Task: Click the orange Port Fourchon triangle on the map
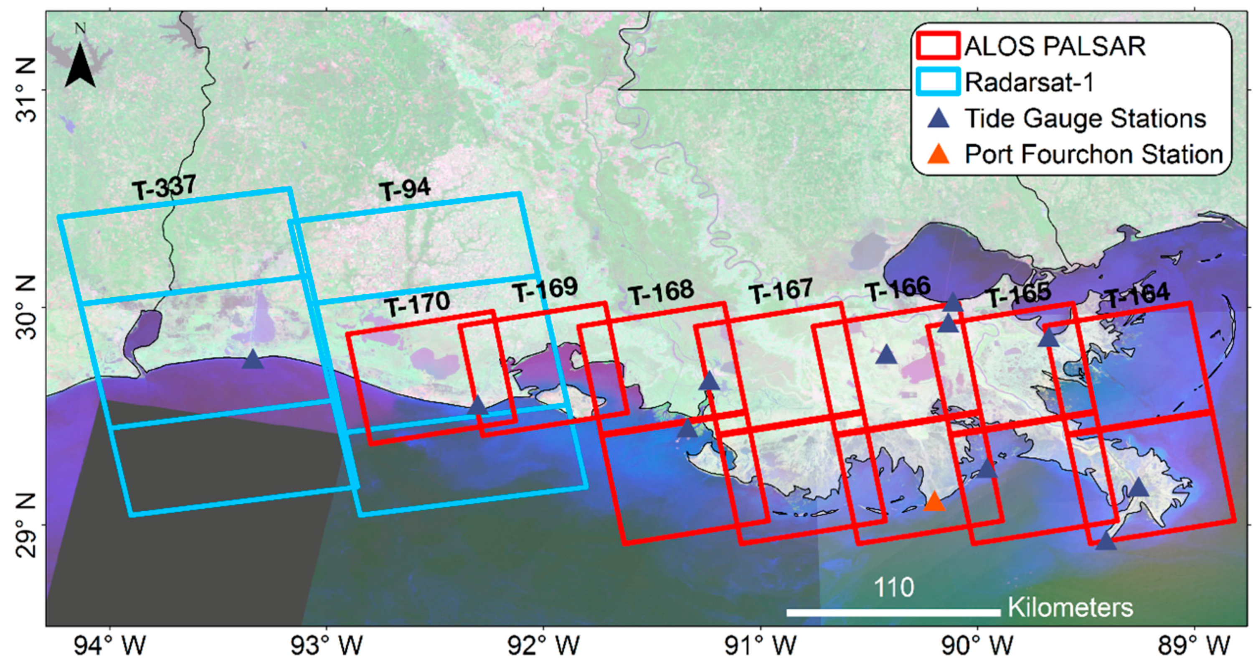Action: [934, 502]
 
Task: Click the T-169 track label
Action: [545, 290]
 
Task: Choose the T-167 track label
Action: [781, 291]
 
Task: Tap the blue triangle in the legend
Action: [938, 119]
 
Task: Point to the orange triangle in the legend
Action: [938, 154]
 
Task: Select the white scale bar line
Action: [893, 612]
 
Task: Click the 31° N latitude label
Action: [26, 90]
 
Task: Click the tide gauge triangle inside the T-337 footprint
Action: [252, 359]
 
